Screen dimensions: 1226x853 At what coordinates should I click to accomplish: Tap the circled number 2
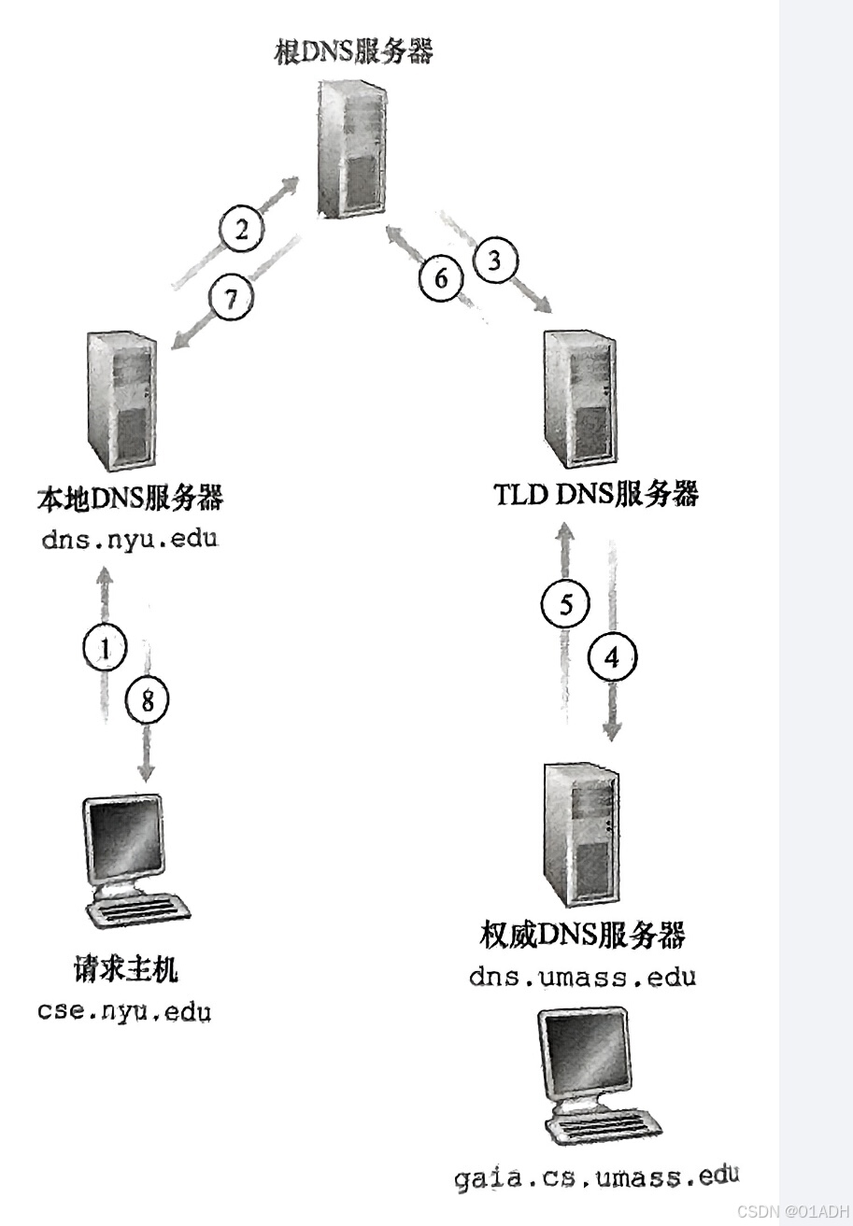242,229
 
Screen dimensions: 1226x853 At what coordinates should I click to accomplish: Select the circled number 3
495,261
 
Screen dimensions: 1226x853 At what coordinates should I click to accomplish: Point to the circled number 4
612,658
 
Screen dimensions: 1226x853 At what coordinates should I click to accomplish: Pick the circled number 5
565,605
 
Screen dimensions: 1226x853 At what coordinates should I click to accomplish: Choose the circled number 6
441,277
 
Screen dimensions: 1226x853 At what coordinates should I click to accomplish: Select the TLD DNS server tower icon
580,402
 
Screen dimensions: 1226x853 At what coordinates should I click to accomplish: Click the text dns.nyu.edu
129,540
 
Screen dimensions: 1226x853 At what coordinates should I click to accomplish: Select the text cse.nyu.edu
124,1010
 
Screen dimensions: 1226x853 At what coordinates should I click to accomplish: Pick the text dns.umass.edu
582,978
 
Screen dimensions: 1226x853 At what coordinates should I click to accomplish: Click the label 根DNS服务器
353,50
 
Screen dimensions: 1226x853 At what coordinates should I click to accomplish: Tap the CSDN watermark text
792,1210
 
